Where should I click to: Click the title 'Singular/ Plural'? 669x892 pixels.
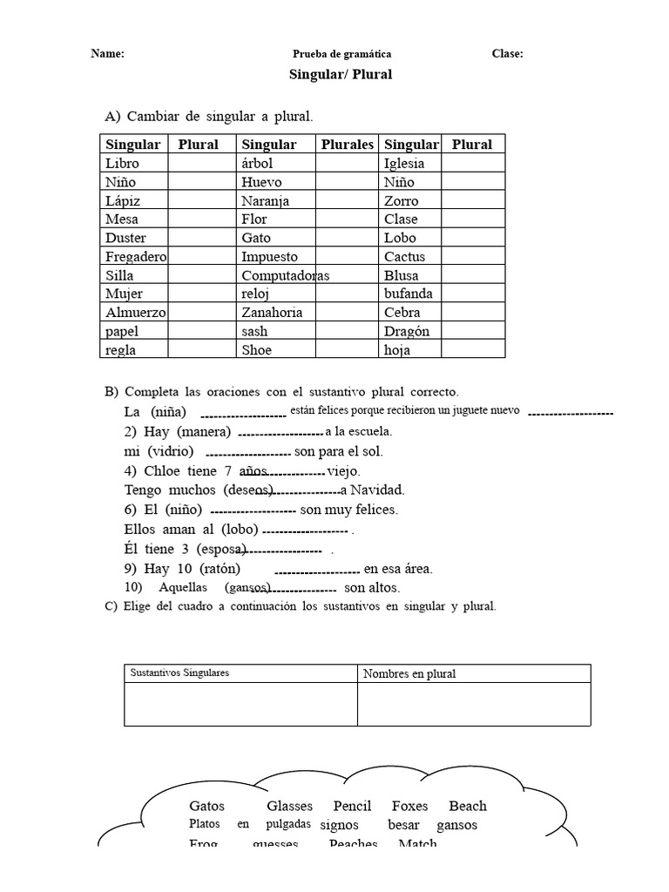pos(341,75)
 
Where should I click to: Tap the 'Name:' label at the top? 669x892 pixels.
pos(108,54)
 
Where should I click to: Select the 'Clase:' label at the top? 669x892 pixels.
pos(507,54)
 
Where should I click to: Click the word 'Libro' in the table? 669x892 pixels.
pos(122,163)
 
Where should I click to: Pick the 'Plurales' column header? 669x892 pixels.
pos(347,145)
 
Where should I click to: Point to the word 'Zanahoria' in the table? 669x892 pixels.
pos(270,313)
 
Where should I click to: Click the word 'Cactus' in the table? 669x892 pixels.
pos(404,257)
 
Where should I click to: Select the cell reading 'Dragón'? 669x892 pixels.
pos(407,332)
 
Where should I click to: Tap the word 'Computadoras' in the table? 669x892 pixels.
pos(285,275)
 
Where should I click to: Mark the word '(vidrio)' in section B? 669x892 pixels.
pos(171,451)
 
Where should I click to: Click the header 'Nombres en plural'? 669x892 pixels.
pos(409,673)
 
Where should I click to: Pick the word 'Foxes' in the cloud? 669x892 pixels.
pos(409,807)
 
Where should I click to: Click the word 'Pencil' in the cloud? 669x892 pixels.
pos(353,807)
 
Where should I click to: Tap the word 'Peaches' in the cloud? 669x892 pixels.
pos(354,843)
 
